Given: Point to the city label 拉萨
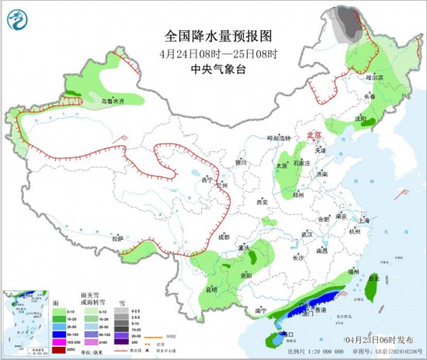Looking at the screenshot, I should tap(117, 238).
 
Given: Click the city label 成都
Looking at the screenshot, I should tap(224, 237).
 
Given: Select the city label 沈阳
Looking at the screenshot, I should tap(360, 119).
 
